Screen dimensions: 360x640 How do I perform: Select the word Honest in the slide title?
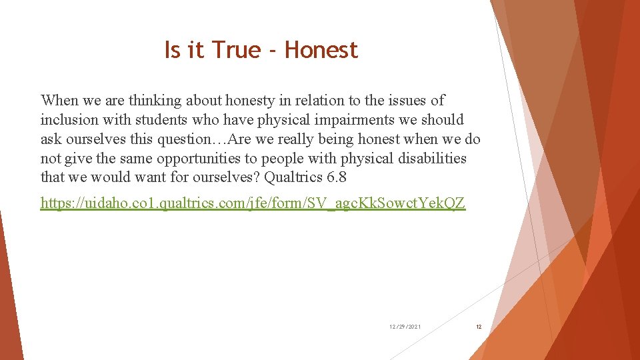point(321,50)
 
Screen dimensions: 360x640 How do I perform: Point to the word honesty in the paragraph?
point(249,101)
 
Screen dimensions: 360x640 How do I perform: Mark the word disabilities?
point(427,159)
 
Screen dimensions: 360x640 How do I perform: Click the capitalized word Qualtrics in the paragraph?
point(293,178)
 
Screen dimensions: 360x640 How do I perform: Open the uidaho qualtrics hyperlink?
point(253,203)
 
